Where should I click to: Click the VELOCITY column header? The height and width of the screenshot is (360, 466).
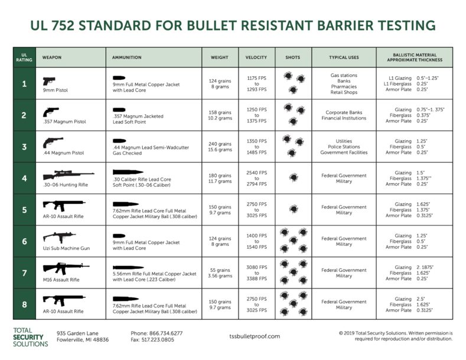[x=256, y=57]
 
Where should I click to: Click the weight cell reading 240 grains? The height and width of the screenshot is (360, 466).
[x=221, y=144]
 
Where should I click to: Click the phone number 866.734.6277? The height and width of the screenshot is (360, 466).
[x=157, y=333]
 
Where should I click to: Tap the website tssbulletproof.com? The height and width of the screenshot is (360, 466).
[x=255, y=336]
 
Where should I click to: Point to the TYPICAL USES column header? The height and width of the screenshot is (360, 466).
[x=344, y=57]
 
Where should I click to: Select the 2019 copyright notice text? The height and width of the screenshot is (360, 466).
[x=396, y=336]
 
